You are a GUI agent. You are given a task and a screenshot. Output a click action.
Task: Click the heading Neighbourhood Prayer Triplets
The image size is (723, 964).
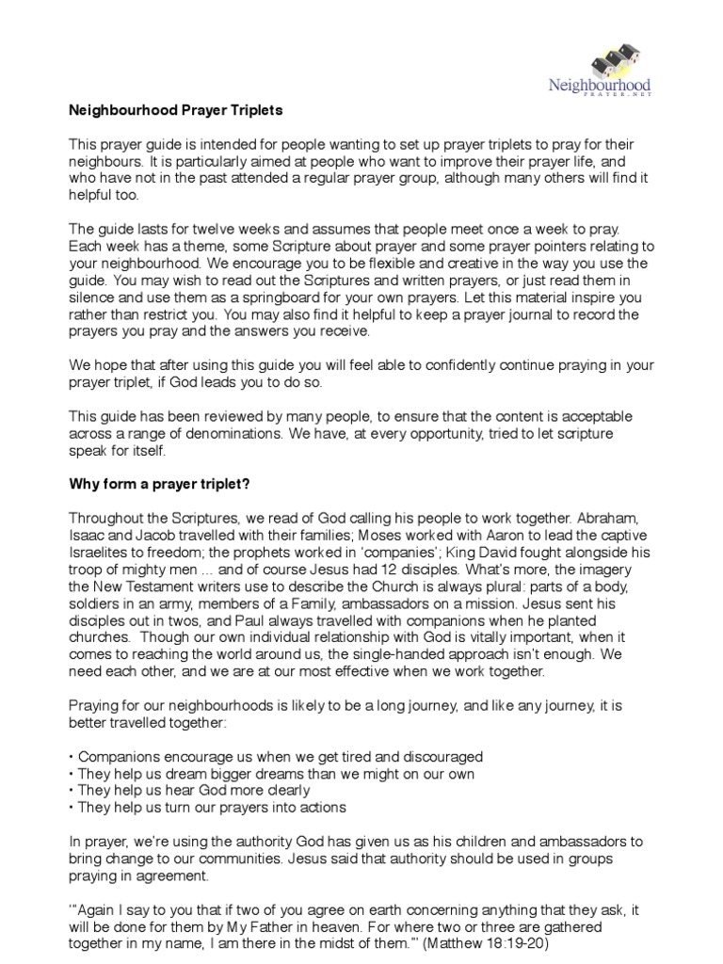(176, 110)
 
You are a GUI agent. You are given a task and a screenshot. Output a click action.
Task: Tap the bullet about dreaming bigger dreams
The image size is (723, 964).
(272, 773)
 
